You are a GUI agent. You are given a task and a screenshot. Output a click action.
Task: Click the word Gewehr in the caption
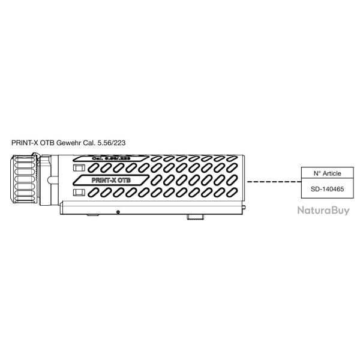[x=70, y=144]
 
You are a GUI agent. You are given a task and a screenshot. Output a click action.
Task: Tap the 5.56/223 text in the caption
[x=112, y=144]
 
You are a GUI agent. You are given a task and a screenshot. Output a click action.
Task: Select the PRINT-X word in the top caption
[x=25, y=144]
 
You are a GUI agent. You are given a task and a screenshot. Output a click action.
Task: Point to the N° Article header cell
[x=327, y=173]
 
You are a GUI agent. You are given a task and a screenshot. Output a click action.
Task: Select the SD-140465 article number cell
[x=327, y=188]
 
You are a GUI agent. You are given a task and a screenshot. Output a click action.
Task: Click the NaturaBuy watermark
[x=323, y=210]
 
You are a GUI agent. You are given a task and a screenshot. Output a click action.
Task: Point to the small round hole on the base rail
[x=118, y=212]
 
